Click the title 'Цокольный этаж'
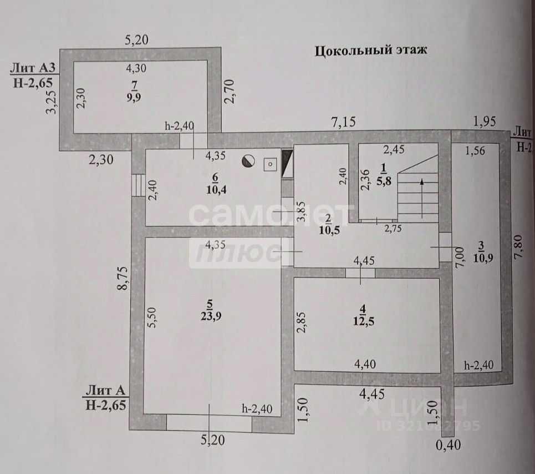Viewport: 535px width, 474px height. (x=371, y=51)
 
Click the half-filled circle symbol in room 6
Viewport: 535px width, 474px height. (x=249, y=162)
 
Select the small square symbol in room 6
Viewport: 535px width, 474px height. (x=270, y=164)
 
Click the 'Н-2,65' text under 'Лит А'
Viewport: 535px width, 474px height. (x=106, y=405)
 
